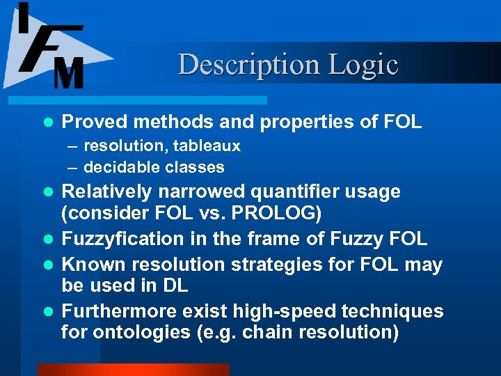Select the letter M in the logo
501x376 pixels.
click(68, 72)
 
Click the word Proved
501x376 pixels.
click(95, 123)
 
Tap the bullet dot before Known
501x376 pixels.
click(47, 265)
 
